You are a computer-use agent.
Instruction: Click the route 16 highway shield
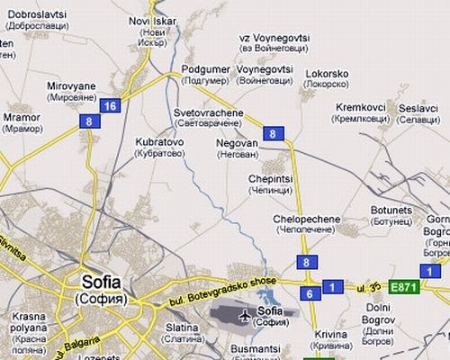[x=110, y=105]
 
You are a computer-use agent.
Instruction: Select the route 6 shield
[x=308, y=293]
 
